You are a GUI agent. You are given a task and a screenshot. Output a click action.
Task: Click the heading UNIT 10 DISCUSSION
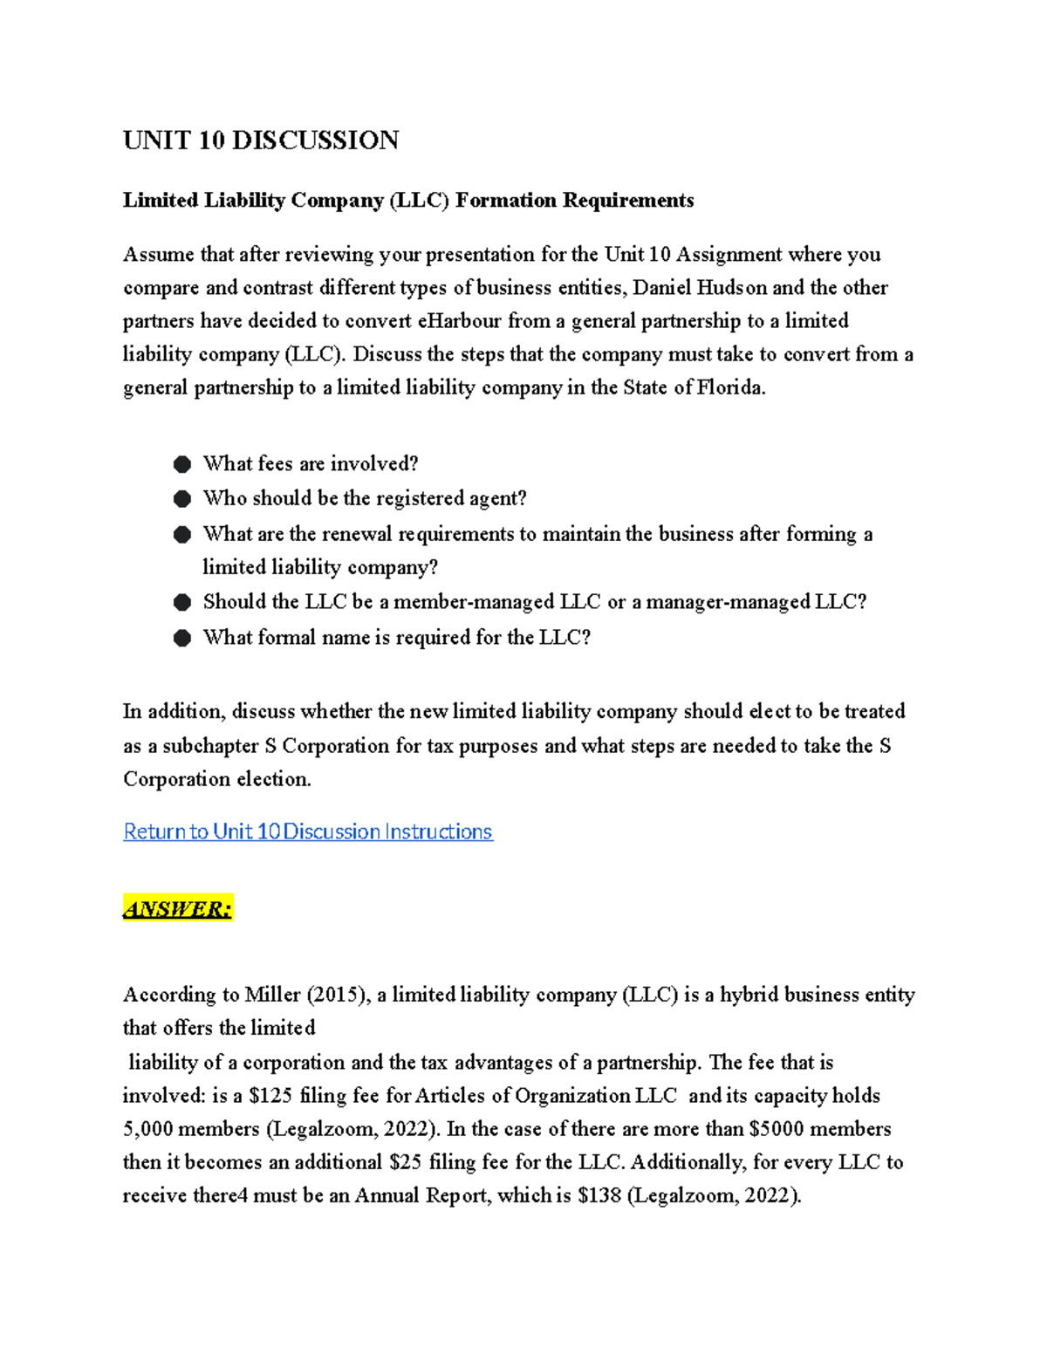[x=261, y=140]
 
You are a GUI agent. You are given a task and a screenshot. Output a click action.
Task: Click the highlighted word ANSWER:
[x=178, y=909]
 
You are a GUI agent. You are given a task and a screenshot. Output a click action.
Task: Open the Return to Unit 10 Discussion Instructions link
[x=308, y=831]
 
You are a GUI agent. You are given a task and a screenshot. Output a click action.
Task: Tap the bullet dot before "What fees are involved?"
[x=182, y=464]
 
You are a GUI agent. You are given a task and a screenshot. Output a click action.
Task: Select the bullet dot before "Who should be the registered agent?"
[x=182, y=499]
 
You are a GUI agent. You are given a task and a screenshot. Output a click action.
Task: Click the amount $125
[x=270, y=1096]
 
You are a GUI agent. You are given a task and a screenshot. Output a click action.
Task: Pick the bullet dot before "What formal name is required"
[x=182, y=638]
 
